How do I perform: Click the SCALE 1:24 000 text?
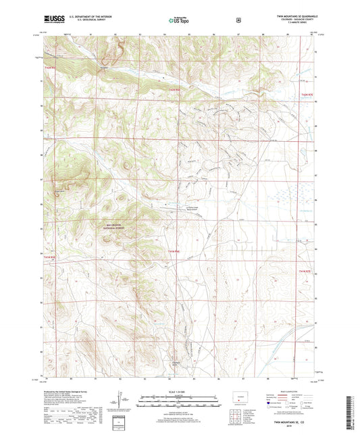(179, 391)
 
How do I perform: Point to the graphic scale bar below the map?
(179, 399)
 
